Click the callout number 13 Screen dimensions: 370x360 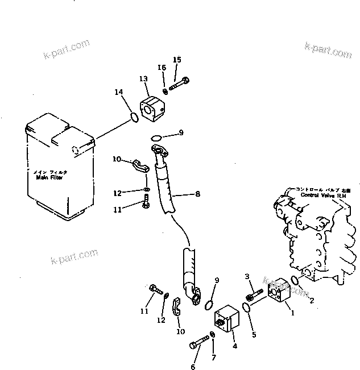[143, 80]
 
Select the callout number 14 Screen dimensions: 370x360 [118, 92]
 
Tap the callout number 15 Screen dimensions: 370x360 [177, 60]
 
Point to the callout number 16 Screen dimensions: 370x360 [162, 68]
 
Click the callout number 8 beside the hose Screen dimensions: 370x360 [197, 194]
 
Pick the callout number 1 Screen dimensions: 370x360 [292, 312]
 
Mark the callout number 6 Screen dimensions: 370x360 [193, 367]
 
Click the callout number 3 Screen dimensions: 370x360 [247, 277]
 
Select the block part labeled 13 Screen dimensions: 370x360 [152, 108]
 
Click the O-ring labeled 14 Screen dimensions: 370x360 [133, 118]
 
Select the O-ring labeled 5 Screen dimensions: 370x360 [247, 307]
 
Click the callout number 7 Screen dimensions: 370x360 [214, 357]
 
